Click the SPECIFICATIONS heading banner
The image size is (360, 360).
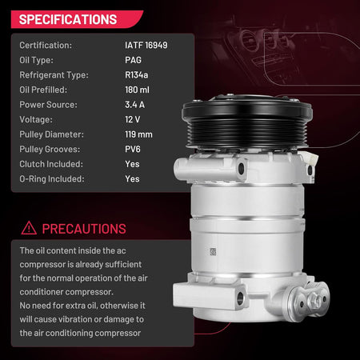tap(77, 19)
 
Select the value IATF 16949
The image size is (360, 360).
tap(146, 46)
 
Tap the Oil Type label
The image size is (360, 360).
tap(36, 60)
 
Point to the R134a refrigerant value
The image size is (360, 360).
tap(137, 75)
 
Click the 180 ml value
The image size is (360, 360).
tap(137, 90)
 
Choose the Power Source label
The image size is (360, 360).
tap(48, 105)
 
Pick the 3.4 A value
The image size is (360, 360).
tap(135, 105)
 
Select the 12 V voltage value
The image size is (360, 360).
tap(133, 119)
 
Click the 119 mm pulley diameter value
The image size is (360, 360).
tap(138, 134)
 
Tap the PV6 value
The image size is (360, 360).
tap(133, 150)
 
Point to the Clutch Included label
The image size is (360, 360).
tap(51, 164)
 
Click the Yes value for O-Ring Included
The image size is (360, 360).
tap(132, 179)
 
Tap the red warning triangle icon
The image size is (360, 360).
tap(29, 228)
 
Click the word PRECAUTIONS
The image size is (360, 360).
tap(84, 229)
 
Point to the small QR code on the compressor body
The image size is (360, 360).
tap(213, 251)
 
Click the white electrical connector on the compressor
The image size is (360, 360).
tap(310, 159)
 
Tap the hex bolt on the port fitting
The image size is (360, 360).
tap(317, 301)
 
